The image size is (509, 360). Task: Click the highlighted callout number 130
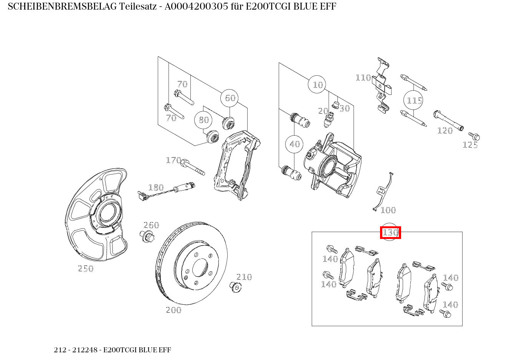pyautogui.click(x=390, y=232)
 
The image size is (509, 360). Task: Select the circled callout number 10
pyautogui.click(x=317, y=85)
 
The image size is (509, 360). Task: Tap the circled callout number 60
pyautogui.click(x=230, y=98)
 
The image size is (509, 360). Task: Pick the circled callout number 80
pyautogui.click(x=203, y=120)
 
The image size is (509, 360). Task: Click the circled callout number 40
pyautogui.click(x=294, y=144)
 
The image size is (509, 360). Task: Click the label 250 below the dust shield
pyautogui.click(x=86, y=269)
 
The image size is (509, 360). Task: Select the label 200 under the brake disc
pyautogui.click(x=173, y=310)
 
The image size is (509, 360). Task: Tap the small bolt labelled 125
pyautogui.click(x=474, y=136)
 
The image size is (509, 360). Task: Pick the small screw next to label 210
pyautogui.click(x=234, y=286)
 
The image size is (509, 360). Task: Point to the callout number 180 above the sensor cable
pyautogui.click(x=156, y=187)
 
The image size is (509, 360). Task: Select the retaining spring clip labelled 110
pyautogui.click(x=383, y=86)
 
